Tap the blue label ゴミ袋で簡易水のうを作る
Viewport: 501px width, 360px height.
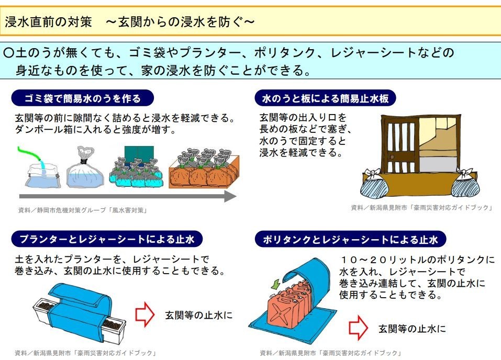tap(83, 98)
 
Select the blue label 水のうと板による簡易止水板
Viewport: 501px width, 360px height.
tap(325, 98)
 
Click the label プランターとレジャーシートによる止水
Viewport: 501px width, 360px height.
tap(107, 240)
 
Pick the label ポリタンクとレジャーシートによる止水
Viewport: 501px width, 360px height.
tap(350, 240)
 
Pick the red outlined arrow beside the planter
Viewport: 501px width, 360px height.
tap(145, 314)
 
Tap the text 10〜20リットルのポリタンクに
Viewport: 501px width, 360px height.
tap(416, 260)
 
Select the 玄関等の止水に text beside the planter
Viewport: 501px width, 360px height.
tap(198, 315)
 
